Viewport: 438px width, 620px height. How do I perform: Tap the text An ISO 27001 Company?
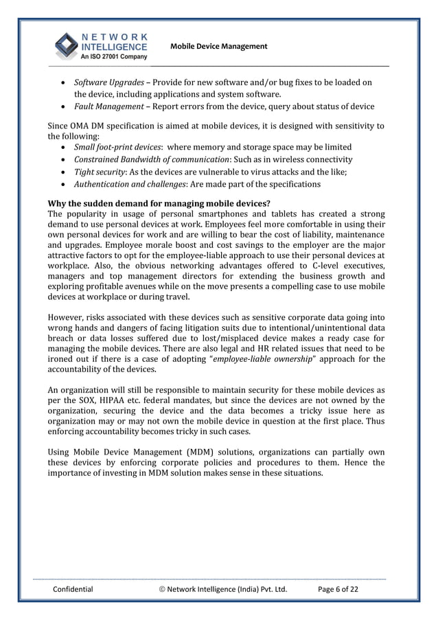coord(113,57)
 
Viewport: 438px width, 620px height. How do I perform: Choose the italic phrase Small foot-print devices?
coord(117,148)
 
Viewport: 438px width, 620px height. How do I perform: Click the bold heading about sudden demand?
coord(159,203)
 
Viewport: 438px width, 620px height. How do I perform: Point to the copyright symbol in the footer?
coord(162,588)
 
